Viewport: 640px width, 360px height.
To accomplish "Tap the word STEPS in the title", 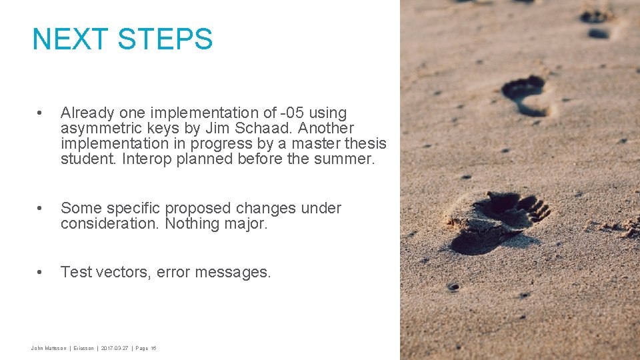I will (x=165, y=39).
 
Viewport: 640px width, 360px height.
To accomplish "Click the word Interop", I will (x=148, y=159).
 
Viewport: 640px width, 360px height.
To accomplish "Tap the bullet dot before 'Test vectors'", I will (x=41, y=273).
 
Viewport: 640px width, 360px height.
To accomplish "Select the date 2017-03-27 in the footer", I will (x=115, y=348).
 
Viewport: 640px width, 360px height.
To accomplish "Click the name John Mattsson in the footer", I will (x=49, y=348).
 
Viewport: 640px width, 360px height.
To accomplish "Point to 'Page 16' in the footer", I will (x=146, y=348).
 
